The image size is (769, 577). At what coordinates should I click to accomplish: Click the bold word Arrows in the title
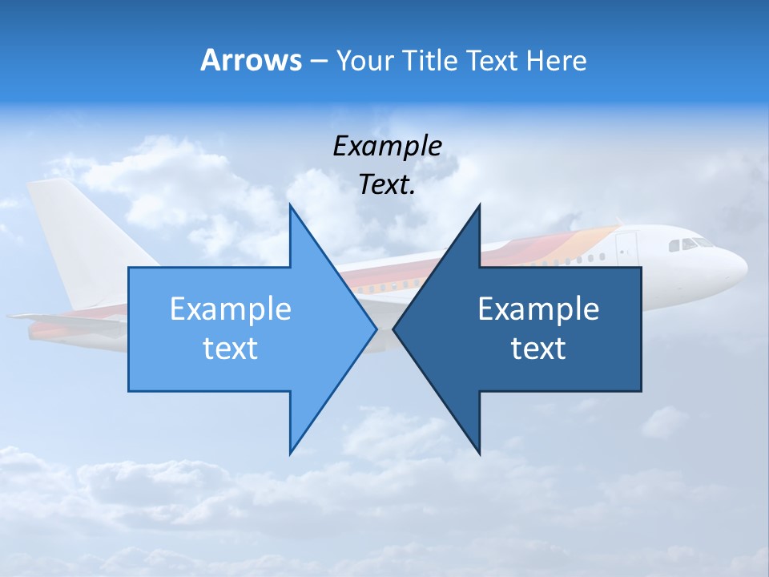point(251,60)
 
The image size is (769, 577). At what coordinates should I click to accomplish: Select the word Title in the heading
point(429,60)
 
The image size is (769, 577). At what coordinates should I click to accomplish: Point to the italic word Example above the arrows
point(387,146)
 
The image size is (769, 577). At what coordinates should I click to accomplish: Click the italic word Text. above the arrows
point(387,184)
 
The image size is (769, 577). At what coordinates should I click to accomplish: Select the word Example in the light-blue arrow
point(231,309)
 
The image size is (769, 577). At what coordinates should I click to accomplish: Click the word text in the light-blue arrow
point(231,348)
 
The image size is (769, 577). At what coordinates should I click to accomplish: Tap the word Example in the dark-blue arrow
point(538,309)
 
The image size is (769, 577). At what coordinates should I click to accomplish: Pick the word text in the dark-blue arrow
point(538,348)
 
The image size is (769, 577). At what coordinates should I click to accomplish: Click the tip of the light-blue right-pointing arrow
point(376,329)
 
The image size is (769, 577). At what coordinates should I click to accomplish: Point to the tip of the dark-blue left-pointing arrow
point(394,329)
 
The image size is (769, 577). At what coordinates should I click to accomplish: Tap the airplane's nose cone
point(739,265)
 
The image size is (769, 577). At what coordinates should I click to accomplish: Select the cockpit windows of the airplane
point(691,243)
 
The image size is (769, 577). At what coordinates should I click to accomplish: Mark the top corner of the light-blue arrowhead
point(290,206)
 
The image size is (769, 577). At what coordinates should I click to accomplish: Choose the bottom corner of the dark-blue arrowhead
point(479,454)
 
